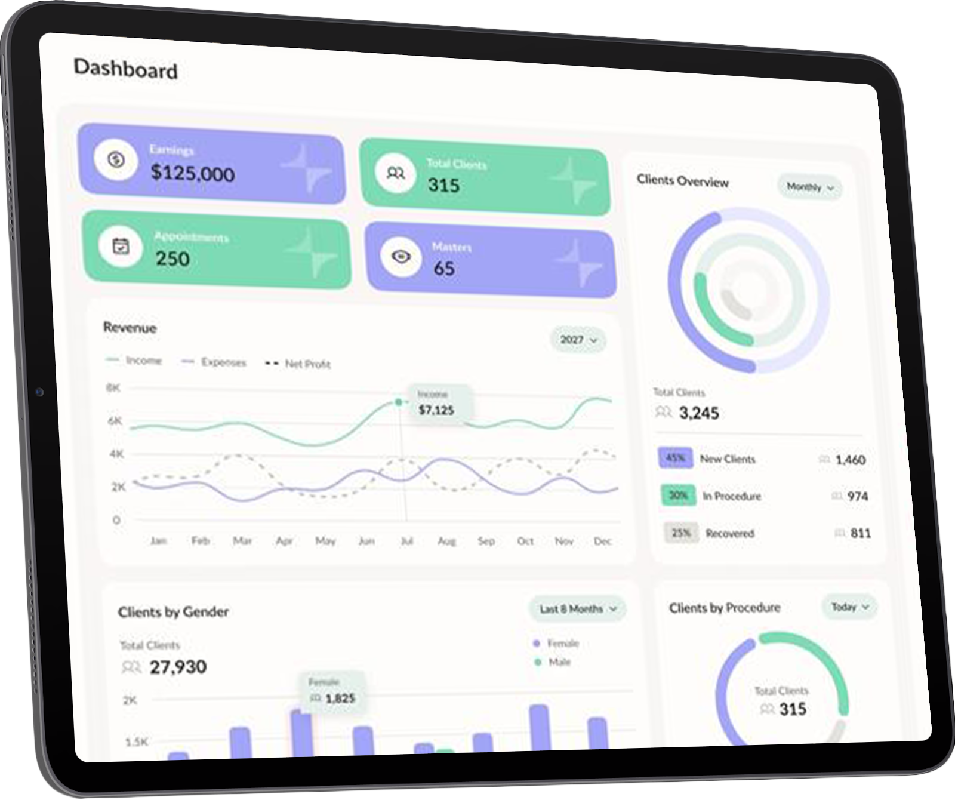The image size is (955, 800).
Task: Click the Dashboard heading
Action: (125, 69)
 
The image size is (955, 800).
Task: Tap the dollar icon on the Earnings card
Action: (116, 159)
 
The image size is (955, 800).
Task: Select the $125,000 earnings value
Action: (192, 173)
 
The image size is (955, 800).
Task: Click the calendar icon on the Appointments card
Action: (121, 245)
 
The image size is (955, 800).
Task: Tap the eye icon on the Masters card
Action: (401, 257)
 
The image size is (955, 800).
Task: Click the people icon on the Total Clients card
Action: (396, 173)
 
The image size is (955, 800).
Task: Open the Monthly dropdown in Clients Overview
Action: (809, 187)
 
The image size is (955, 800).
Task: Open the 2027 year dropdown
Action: (578, 340)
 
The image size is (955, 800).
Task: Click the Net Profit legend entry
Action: (298, 364)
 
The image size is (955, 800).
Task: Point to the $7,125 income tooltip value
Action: (436, 410)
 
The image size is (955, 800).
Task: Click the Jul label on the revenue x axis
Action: (407, 541)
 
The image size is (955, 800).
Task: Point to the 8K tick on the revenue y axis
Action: (113, 388)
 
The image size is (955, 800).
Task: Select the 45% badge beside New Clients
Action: (675, 458)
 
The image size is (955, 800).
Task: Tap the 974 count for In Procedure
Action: (857, 496)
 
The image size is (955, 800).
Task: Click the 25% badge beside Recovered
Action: (680, 533)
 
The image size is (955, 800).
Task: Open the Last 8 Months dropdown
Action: (577, 609)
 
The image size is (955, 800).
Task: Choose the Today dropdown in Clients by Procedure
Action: (849, 607)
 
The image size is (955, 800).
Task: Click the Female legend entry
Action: (556, 644)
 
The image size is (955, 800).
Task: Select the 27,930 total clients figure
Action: (178, 666)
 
